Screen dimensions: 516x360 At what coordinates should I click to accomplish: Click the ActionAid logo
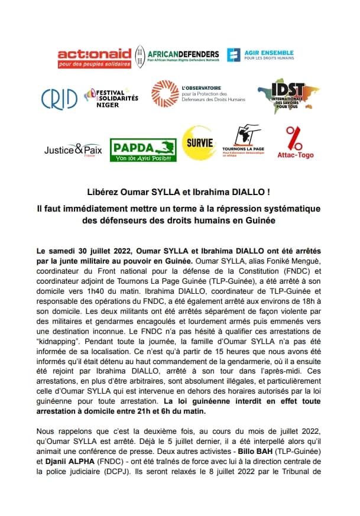tap(93, 57)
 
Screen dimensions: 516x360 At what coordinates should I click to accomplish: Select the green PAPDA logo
tap(144, 150)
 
